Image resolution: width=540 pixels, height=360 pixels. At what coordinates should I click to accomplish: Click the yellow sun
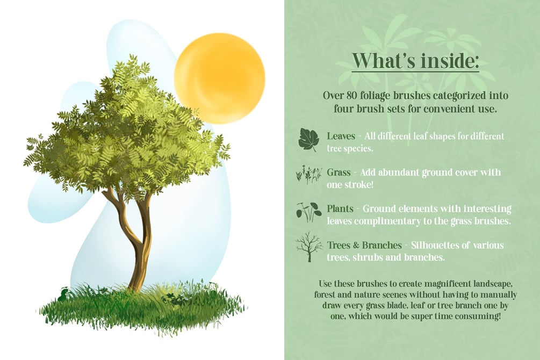[219, 78]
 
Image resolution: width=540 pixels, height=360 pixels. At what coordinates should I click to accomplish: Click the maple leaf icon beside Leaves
[308, 140]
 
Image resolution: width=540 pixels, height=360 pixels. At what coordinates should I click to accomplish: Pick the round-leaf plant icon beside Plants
[309, 212]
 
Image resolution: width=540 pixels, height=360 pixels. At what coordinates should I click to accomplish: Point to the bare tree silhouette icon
[309, 247]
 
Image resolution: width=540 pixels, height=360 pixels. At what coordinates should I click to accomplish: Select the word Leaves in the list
[341, 136]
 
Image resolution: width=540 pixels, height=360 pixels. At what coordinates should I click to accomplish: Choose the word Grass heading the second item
[339, 172]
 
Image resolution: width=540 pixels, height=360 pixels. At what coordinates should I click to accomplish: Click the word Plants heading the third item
[340, 209]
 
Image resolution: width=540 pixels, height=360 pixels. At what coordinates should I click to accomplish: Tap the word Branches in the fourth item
[382, 245]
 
